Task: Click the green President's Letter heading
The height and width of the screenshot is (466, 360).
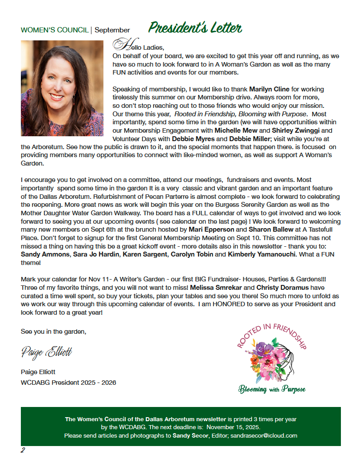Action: coord(195,28)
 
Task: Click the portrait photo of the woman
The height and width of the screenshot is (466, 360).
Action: coord(62,88)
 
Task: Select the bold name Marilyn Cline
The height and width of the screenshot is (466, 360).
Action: coord(269,89)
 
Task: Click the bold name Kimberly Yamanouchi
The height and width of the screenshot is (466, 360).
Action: coord(261,254)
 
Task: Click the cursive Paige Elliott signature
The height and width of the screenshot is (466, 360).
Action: coord(46,352)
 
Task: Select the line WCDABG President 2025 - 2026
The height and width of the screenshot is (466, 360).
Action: coord(68,382)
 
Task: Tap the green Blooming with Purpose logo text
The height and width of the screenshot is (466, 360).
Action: coord(272,389)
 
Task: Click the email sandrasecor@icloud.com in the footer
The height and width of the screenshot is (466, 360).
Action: coord(264,435)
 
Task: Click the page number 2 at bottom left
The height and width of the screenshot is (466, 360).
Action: coord(23,450)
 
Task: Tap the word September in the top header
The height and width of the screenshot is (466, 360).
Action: coord(112,30)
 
